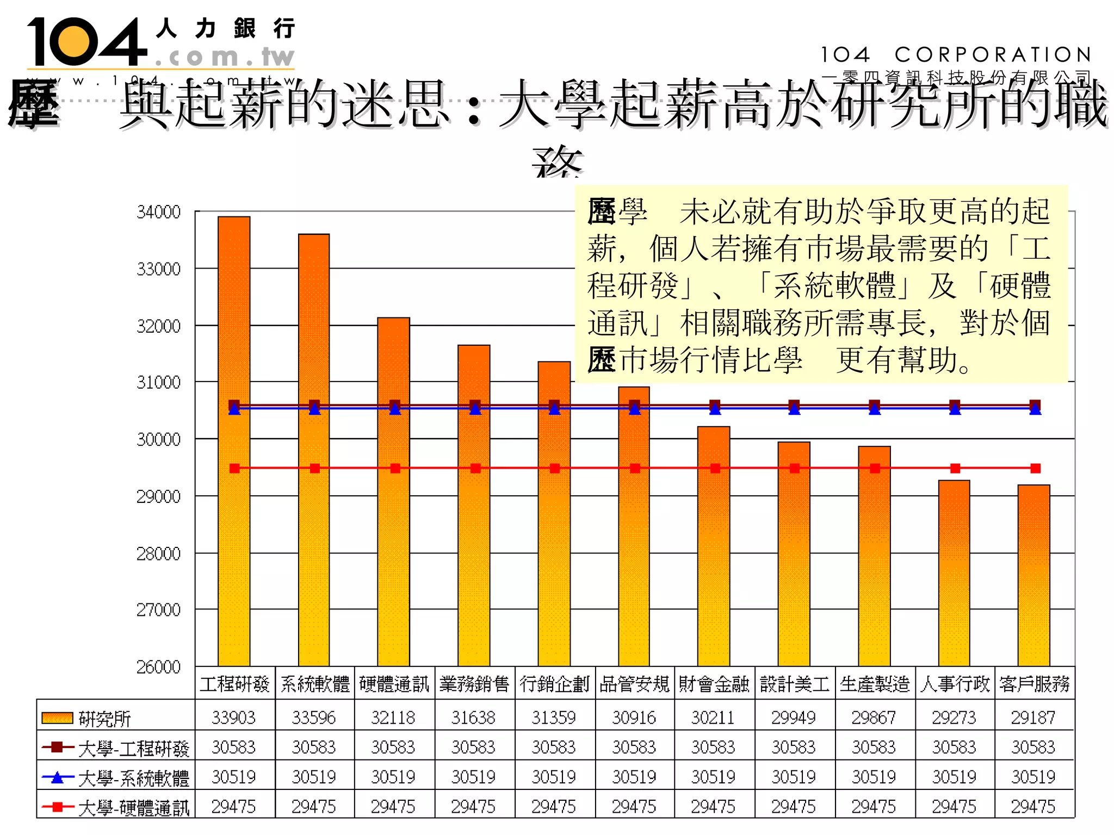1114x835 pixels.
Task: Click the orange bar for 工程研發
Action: click(234, 440)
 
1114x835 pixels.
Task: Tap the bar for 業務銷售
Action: click(474, 506)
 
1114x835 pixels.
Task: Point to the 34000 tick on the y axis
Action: click(158, 212)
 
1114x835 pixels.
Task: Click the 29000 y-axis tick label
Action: click(158, 496)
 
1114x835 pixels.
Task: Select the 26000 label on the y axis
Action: click(158, 667)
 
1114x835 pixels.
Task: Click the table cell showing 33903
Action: click(234, 718)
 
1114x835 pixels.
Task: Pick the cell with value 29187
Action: click(1033, 718)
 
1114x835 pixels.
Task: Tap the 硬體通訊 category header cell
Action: click(394, 683)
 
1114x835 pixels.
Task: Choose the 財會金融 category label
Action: click(714, 683)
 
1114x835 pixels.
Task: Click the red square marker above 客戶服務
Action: click(1035, 468)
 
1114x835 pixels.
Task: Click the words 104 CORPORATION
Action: click(956, 55)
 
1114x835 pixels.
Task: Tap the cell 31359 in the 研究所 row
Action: click(554, 718)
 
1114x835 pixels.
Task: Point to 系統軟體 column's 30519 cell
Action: click(314, 777)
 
